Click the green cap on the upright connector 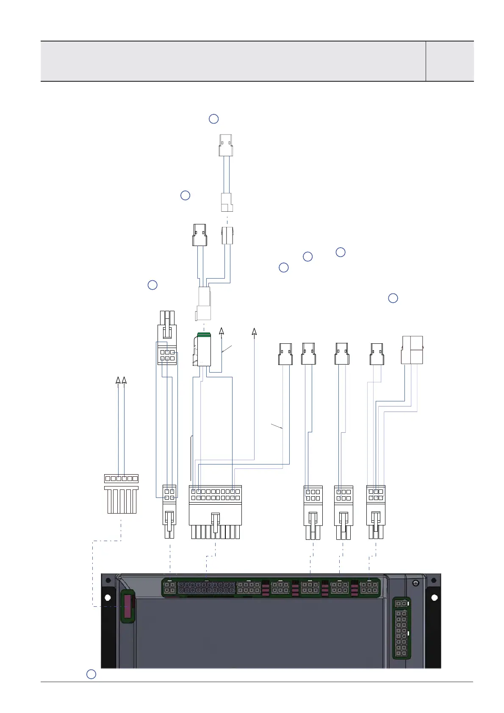204,335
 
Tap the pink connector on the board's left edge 127,606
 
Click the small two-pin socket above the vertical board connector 401,603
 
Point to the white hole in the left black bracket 108,597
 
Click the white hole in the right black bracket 434,597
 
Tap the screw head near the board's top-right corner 415,584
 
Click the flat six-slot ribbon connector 121,479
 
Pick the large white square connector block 412,350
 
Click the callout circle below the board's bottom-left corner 91,674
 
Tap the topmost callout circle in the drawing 213,119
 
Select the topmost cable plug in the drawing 226,145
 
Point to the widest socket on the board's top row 206,587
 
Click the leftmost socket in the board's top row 169,587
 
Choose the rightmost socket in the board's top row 369,587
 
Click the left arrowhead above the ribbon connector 118,380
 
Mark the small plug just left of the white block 377,354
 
